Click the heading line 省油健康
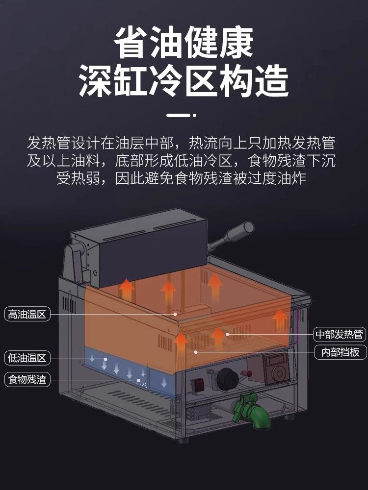tap(184, 43)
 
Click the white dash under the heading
tap(179, 116)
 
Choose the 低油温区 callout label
tap(27, 358)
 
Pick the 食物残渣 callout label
tap(27, 379)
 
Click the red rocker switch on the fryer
tap(199, 384)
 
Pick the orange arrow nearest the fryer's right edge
tap(280, 319)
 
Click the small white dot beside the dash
tap(195, 116)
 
